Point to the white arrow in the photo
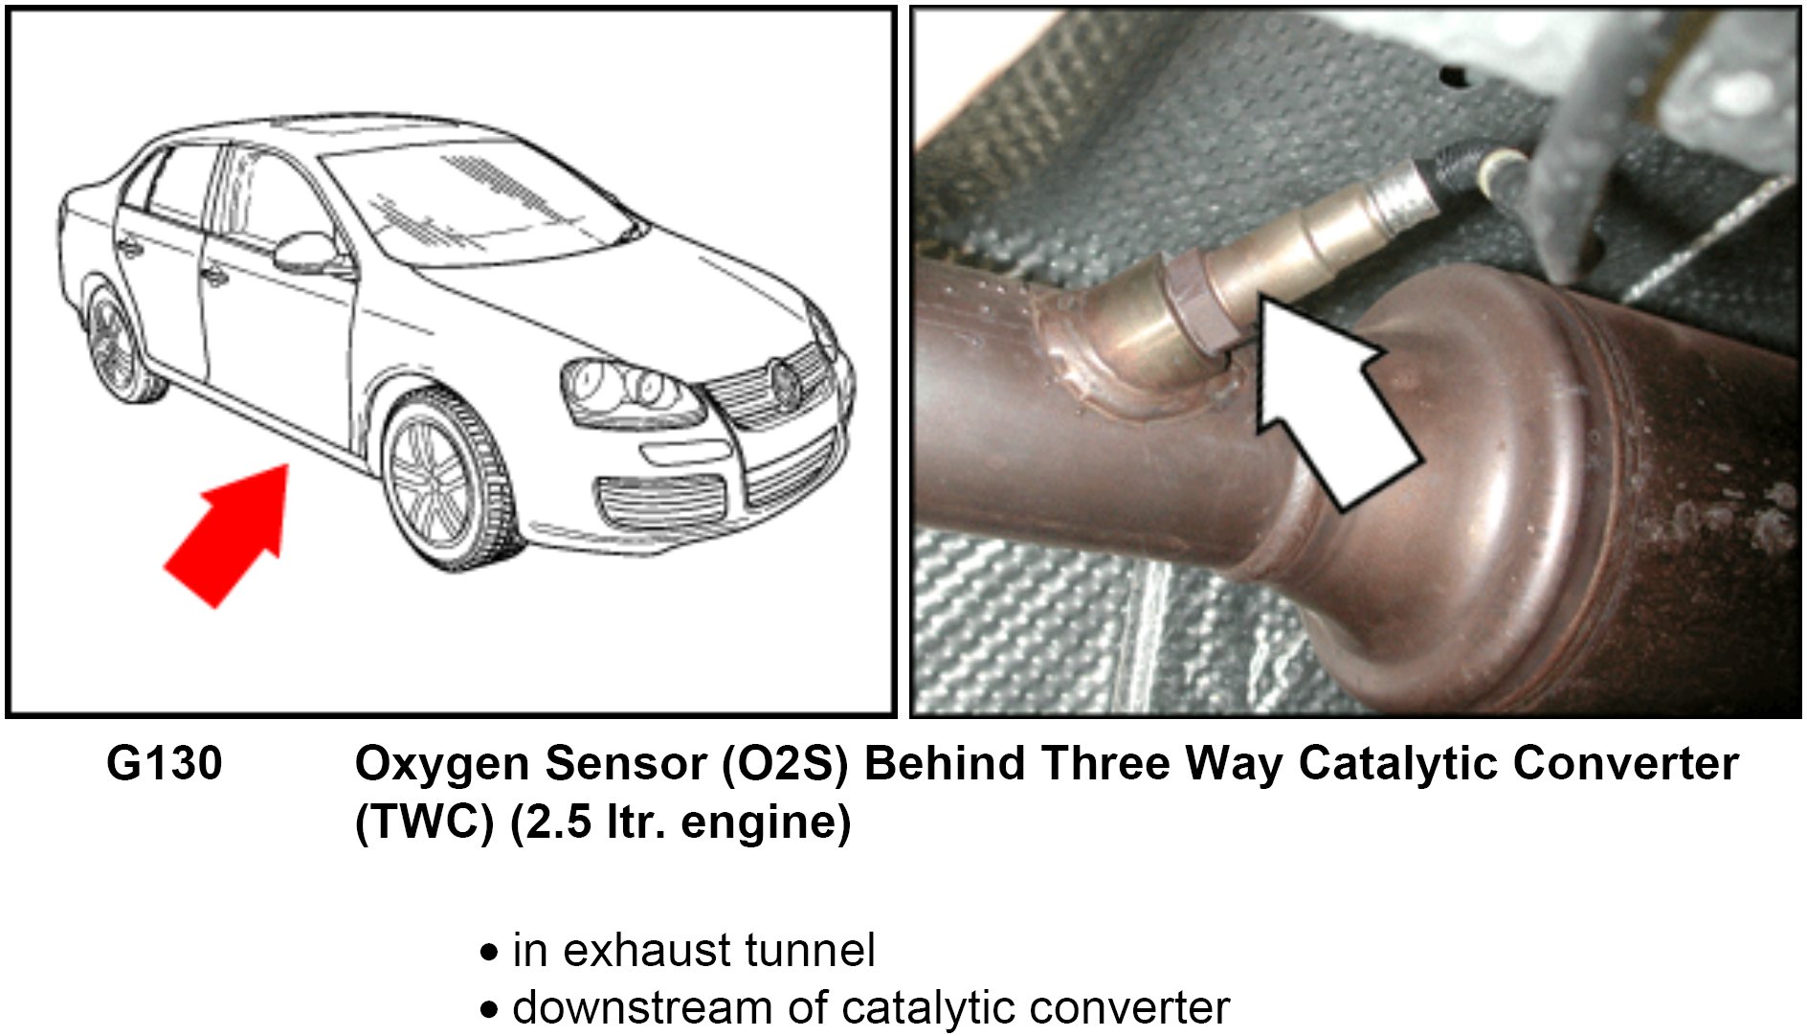click(x=1330, y=402)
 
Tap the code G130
click(x=164, y=764)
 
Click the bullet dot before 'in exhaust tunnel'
click(x=490, y=953)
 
